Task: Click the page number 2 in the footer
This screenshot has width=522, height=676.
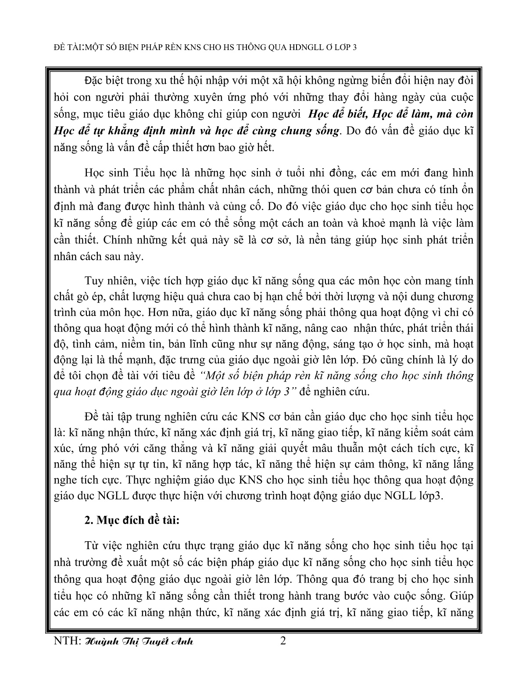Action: point(282,641)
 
